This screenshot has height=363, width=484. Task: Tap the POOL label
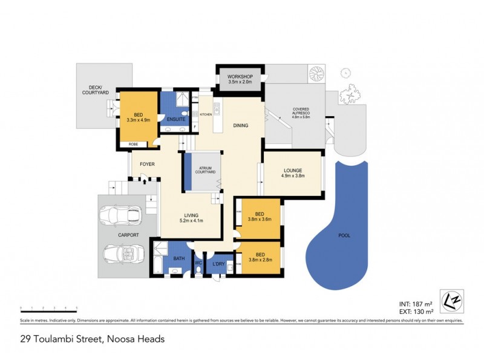[344, 235]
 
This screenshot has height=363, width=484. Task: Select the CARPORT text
[129, 235]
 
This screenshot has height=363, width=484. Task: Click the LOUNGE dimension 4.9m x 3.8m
[292, 177]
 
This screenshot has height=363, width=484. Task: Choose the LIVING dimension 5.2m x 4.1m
[192, 221]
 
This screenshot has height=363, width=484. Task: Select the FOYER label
[148, 164]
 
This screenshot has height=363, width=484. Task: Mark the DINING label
[241, 126]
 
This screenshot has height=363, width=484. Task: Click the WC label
[198, 263]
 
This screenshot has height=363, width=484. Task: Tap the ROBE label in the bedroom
[133, 145]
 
